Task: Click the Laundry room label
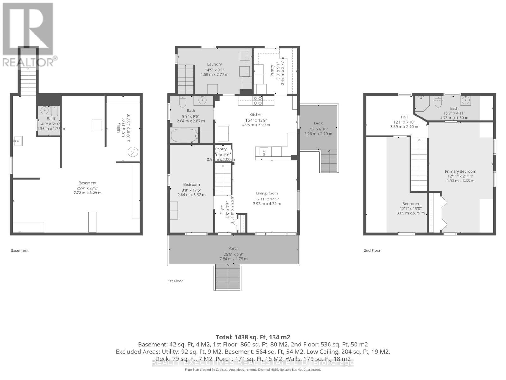pyautogui.click(x=214, y=64)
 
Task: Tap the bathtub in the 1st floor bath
pyautogui.click(x=184, y=136)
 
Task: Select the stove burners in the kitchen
pyautogui.click(x=257, y=101)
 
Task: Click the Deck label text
pyautogui.click(x=318, y=123)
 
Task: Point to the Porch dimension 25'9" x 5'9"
pyautogui.click(x=233, y=254)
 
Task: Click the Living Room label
pyautogui.click(x=267, y=193)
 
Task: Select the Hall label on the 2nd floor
pyautogui.click(x=404, y=117)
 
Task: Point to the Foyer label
pyautogui.click(x=222, y=210)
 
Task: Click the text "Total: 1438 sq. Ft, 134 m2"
pyautogui.click(x=253, y=337)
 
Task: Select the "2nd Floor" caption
pyautogui.click(x=372, y=250)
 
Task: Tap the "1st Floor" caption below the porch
pyautogui.click(x=175, y=281)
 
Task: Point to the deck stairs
pyautogui.click(x=329, y=161)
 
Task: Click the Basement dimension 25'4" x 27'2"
pyautogui.click(x=88, y=188)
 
